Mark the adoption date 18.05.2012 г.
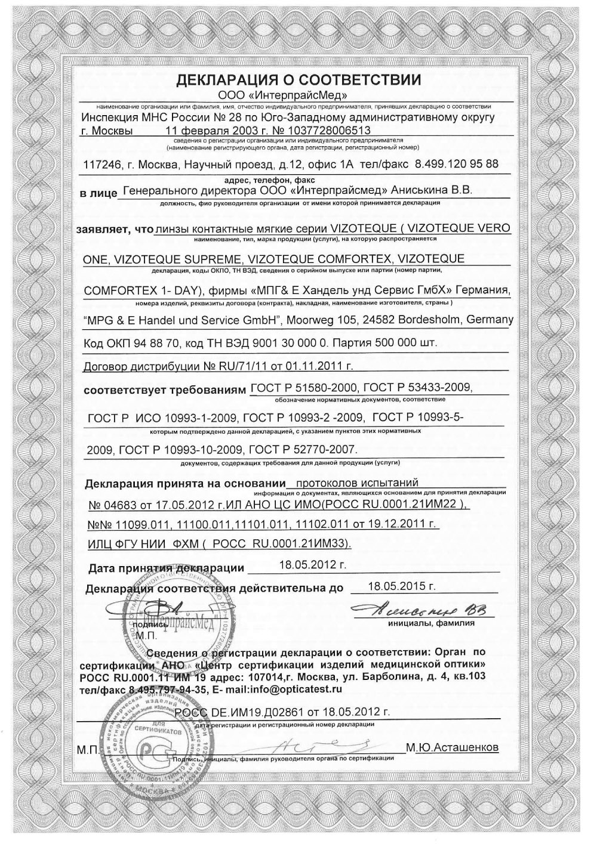(313, 564)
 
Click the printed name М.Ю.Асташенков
(451, 747)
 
